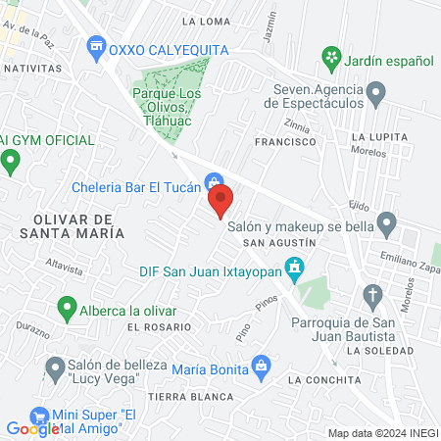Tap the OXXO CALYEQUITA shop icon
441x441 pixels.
click(96, 45)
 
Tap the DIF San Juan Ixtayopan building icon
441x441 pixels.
click(293, 267)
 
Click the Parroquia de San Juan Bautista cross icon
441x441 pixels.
click(372, 294)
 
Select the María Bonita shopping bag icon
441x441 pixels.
click(261, 367)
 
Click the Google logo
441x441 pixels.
click(32, 428)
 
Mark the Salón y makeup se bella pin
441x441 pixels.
click(387, 225)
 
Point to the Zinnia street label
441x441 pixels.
click(295, 126)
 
